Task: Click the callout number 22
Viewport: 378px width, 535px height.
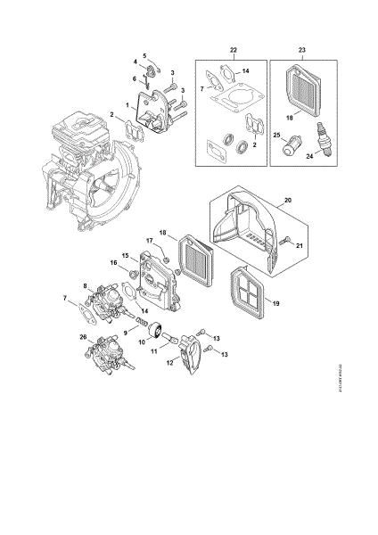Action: coord(233,47)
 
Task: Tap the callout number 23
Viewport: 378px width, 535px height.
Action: coord(301,47)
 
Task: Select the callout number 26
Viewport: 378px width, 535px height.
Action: coord(83,336)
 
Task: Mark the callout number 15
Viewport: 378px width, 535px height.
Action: coord(125,255)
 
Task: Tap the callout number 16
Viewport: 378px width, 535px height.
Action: coord(113,263)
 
